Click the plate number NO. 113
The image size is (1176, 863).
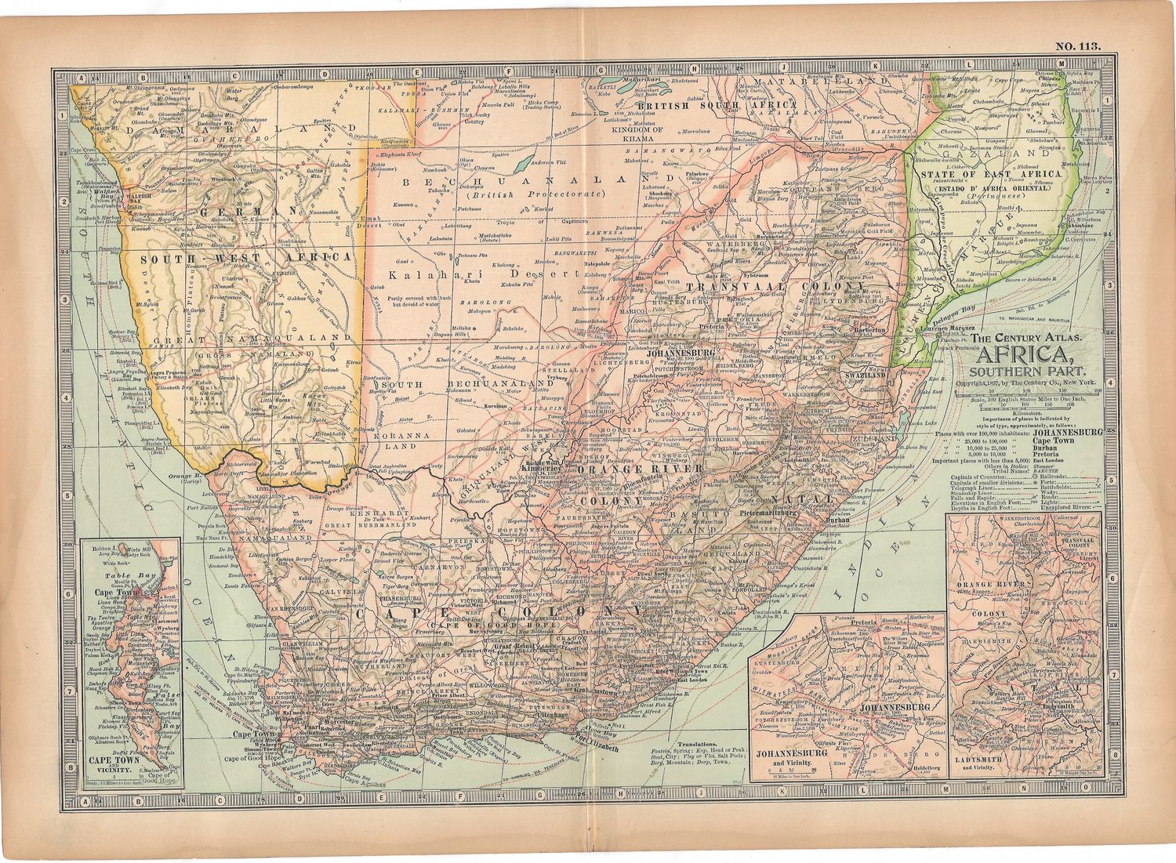point(1078,45)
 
